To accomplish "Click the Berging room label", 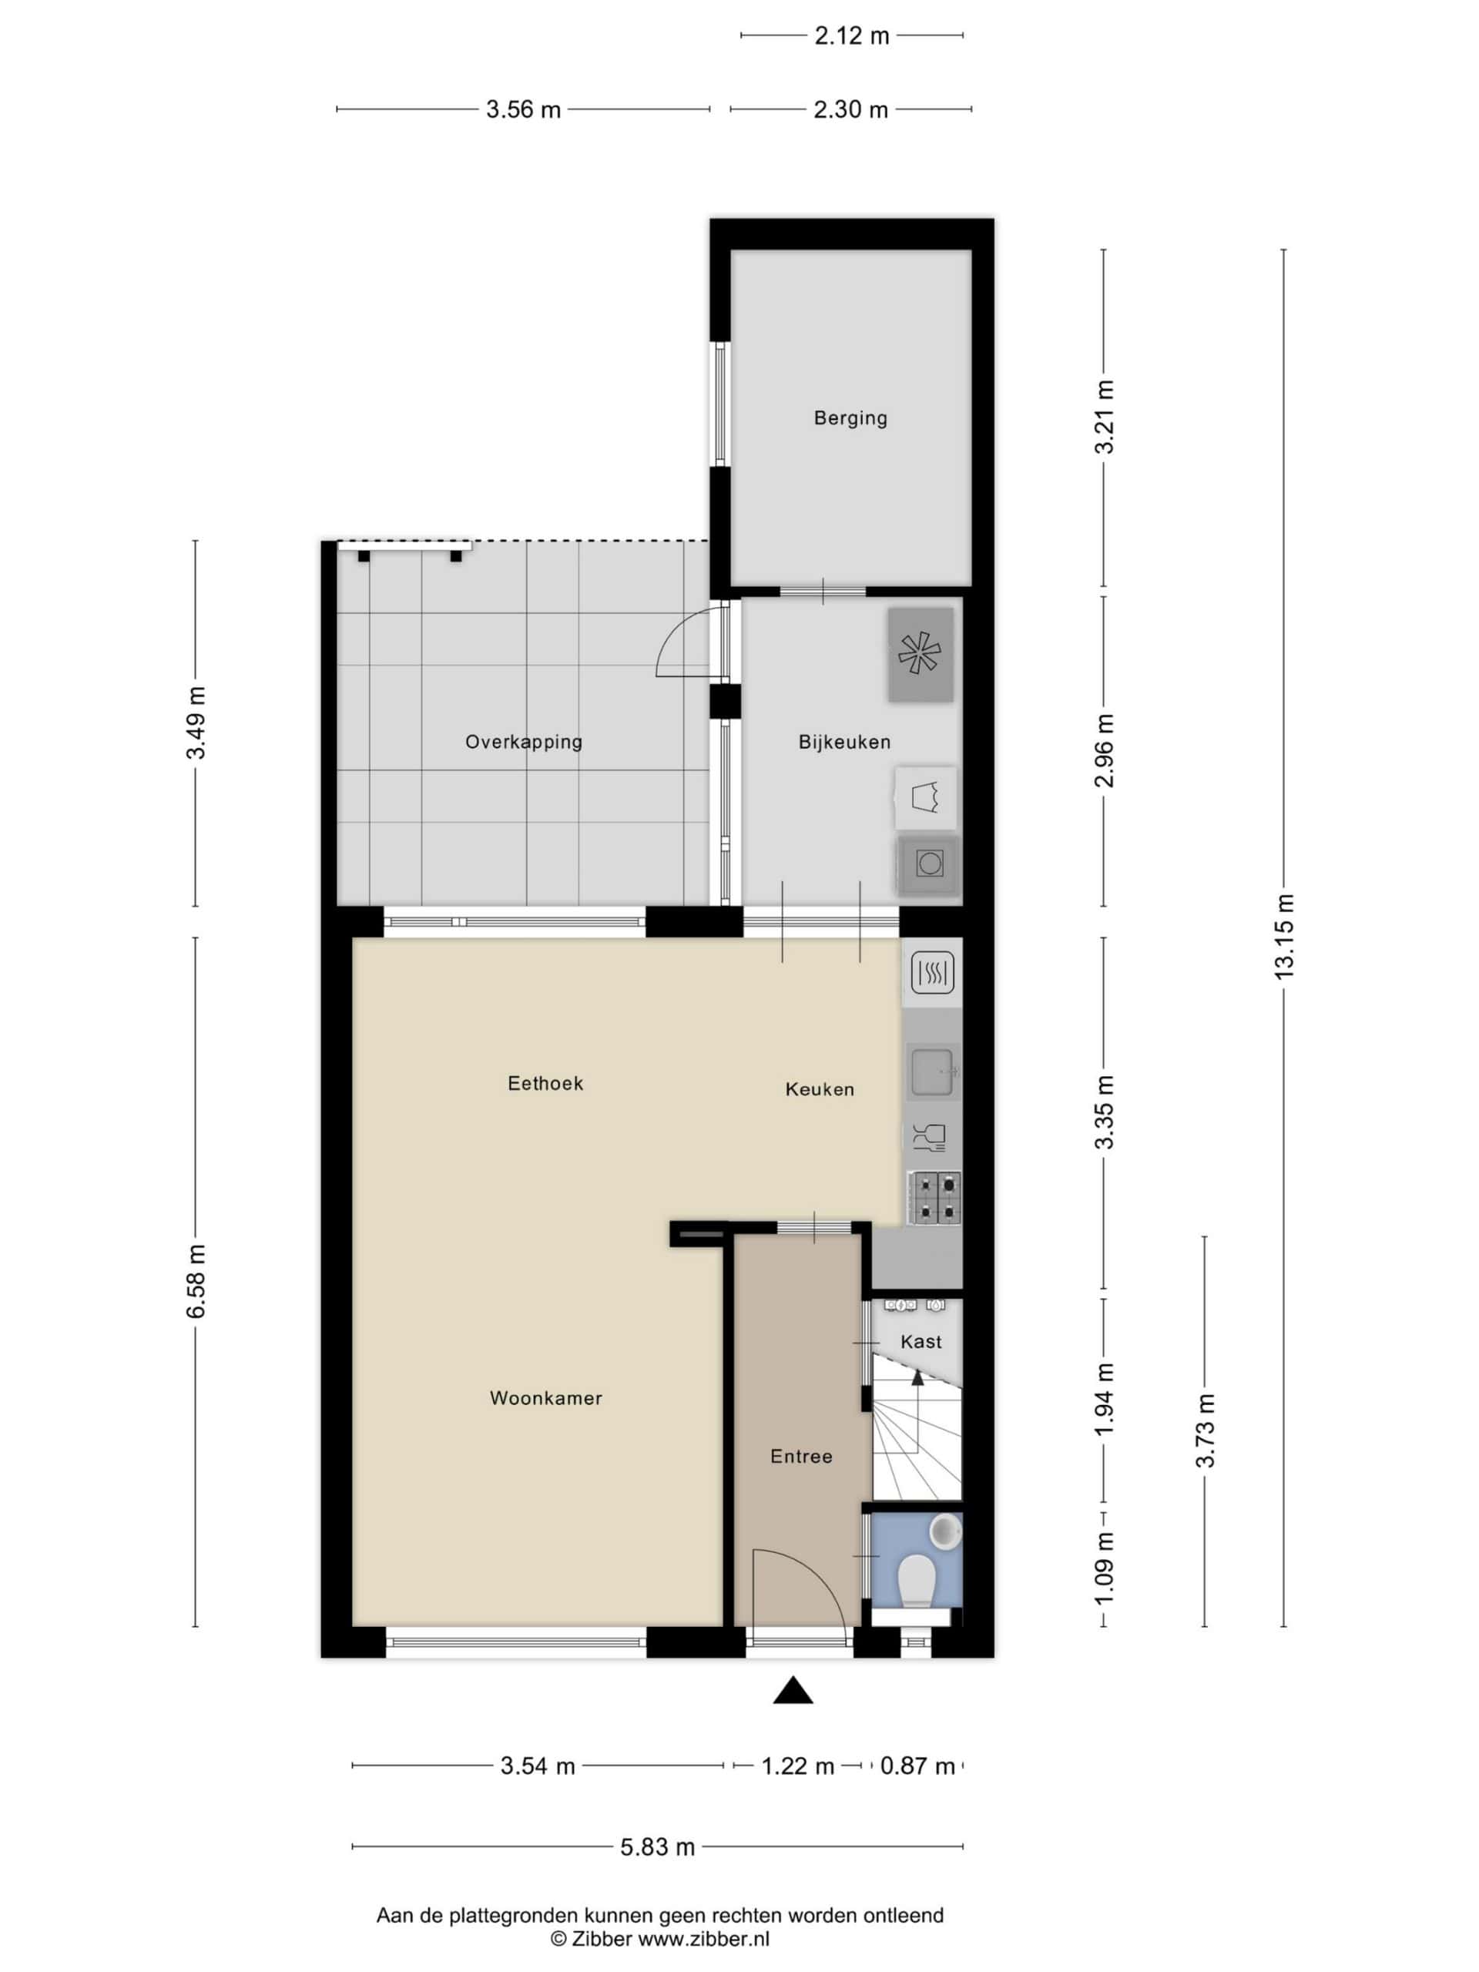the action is click(x=850, y=418).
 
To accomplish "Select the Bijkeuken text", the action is click(x=844, y=742).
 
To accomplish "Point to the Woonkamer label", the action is click(x=545, y=1398).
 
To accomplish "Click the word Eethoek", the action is click(x=545, y=1083).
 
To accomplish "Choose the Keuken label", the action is click(x=820, y=1088).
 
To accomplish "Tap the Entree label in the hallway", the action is click(x=801, y=1456).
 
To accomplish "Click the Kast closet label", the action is click(x=921, y=1341).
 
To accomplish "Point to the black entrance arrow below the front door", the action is click(x=793, y=1689).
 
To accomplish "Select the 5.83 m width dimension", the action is click(x=657, y=1847).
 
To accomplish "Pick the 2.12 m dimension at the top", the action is click(x=851, y=35).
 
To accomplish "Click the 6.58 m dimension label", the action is click(x=196, y=1281).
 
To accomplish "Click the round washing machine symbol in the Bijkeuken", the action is click(x=929, y=863).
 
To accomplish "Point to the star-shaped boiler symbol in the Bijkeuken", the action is click(x=919, y=653).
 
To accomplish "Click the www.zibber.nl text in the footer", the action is click(x=703, y=1938).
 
